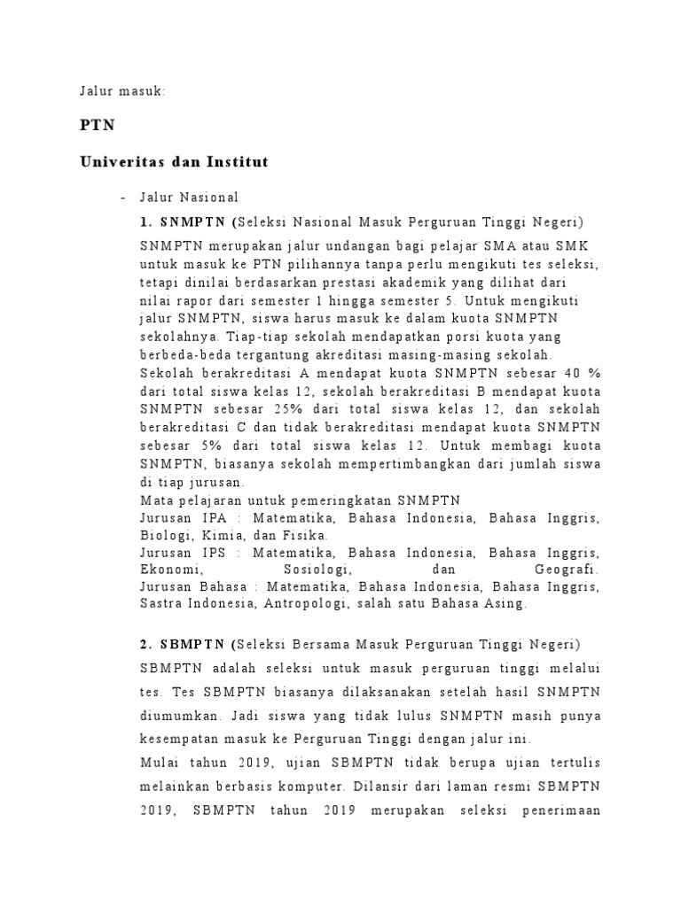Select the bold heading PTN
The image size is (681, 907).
(98, 125)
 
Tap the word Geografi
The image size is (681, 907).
(567, 569)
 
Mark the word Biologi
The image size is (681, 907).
(163, 535)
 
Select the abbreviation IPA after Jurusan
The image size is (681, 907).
(215, 518)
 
